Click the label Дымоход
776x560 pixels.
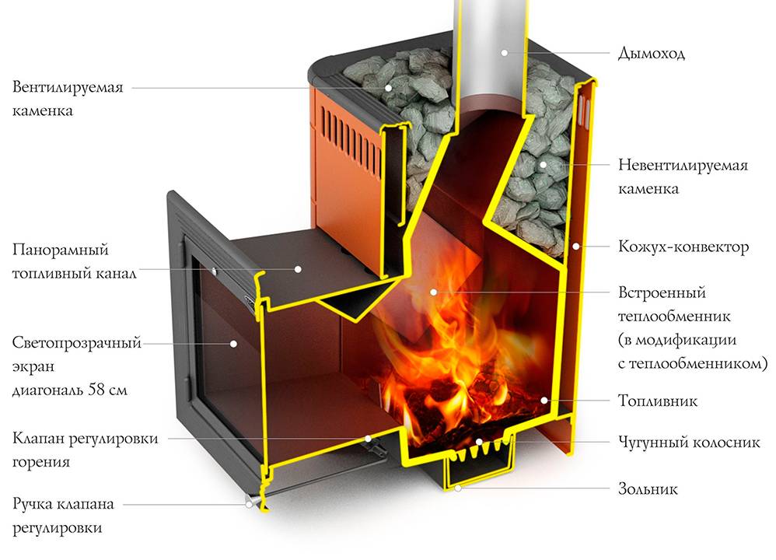651,54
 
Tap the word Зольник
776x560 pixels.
648,489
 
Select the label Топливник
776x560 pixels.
658,401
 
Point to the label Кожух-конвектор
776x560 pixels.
683,247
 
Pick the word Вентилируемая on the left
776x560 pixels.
68,86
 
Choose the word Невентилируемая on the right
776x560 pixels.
683,166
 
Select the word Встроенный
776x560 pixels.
662,293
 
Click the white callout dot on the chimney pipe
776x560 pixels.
504,53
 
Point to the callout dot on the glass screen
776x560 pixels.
232,342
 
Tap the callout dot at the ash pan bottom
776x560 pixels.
459,489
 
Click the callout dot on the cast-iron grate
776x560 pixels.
480,442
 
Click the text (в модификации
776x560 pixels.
676,340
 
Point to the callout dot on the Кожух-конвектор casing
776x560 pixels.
575,247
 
